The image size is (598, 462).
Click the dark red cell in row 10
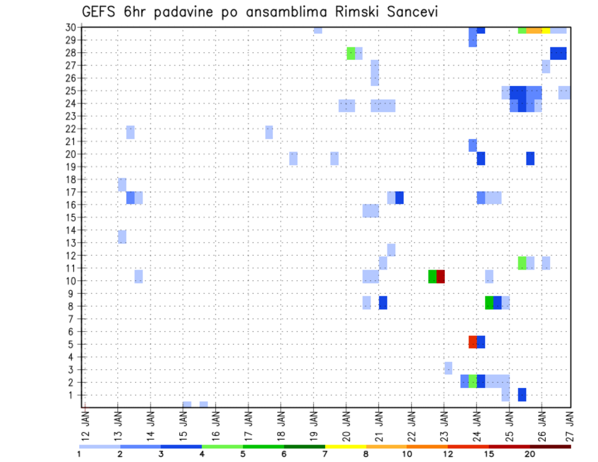coord(440,276)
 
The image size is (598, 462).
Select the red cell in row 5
coord(473,342)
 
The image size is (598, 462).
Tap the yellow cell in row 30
coord(546,30)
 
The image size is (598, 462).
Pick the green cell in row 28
coord(351,53)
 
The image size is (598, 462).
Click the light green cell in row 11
coord(522,263)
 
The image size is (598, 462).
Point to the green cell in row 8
coord(489,302)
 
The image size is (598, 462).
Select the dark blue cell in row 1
coord(522,394)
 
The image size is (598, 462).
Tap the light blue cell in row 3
coord(448,368)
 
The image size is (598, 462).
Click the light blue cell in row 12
coord(391,250)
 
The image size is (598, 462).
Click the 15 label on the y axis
coord(72,217)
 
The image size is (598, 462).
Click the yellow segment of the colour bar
coord(346,446)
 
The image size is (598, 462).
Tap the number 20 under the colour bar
coord(529,455)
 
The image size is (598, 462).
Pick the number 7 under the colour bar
coord(325,455)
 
